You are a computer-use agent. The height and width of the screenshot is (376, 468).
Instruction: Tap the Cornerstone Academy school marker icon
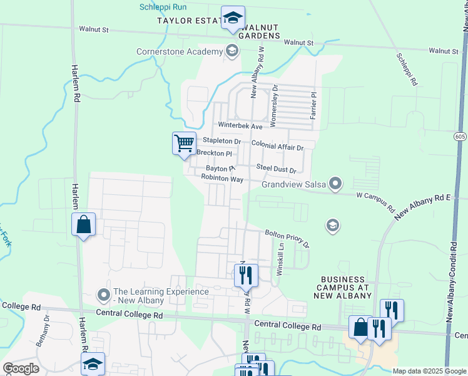pyautogui.click(x=232, y=51)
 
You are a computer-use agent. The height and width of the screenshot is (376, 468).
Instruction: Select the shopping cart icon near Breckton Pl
pyautogui.click(x=184, y=144)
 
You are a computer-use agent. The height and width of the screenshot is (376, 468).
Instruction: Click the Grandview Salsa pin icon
pyautogui.click(x=336, y=184)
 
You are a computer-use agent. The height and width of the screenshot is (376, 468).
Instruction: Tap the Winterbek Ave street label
pyautogui.click(x=240, y=126)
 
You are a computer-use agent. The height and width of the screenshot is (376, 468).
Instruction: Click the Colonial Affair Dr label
pyautogui.click(x=277, y=146)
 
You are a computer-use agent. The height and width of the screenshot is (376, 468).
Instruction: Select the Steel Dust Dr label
pyautogui.click(x=276, y=168)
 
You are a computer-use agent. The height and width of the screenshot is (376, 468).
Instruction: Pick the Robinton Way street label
pyautogui.click(x=221, y=179)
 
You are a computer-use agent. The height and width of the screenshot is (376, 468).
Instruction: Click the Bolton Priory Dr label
pyautogui.click(x=287, y=239)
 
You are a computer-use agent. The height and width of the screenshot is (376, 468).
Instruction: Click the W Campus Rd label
pyautogui.click(x=376, y=201)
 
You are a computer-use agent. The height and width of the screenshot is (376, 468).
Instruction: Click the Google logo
pyautogui.click(x=21, y=368)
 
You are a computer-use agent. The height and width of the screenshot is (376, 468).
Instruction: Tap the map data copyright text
pyautogui.click(x=429, y=371)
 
